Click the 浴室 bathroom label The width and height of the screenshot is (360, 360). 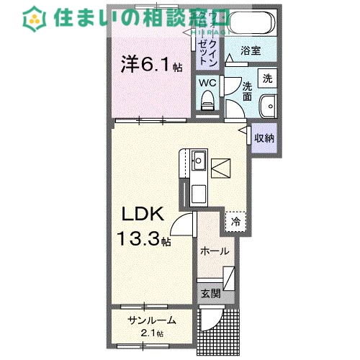pyautogui.click(x=251, y=53)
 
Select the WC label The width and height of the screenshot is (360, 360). pyautogui.click(x=207, y=82)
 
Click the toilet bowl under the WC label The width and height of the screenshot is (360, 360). pyautogui.click(x=208, y=103)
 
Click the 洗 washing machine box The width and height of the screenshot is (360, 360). pyautogui.click(x=267, y=78)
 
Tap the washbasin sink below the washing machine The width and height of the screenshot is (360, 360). pyautogui.click(x=269, y=104)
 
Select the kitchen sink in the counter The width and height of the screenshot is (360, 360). pyautogui.click(x=199, y=160)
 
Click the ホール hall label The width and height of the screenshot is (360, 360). pyautogui.click(x=215, y=252)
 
